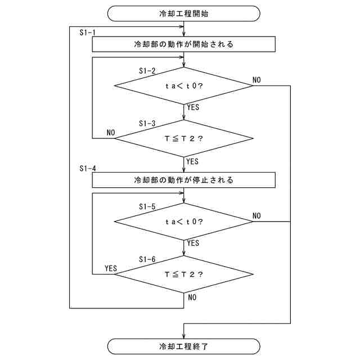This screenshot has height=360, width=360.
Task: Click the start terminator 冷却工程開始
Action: pos(184,13)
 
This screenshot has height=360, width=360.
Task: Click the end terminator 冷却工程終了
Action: pos(184,346)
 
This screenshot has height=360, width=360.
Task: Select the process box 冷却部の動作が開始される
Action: pos(184,44)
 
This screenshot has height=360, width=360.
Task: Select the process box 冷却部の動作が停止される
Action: pos(184,180)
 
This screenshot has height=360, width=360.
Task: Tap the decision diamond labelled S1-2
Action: pos(184,85)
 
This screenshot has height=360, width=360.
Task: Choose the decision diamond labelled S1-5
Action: pos(184,221)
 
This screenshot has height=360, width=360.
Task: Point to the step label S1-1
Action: pos(87,32)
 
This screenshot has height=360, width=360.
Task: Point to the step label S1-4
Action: pos(87,168)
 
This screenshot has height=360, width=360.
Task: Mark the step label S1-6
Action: pos(147,259)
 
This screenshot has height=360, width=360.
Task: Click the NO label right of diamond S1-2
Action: pos(256,80)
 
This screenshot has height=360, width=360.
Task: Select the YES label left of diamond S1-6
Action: pos(111,268)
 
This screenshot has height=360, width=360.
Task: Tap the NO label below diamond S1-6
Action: pos(192,297)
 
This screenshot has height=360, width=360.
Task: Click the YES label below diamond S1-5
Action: pos(193,244)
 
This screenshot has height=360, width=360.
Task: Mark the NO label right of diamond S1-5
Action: pos(256,215)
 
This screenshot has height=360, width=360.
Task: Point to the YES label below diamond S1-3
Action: pos(193,161)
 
